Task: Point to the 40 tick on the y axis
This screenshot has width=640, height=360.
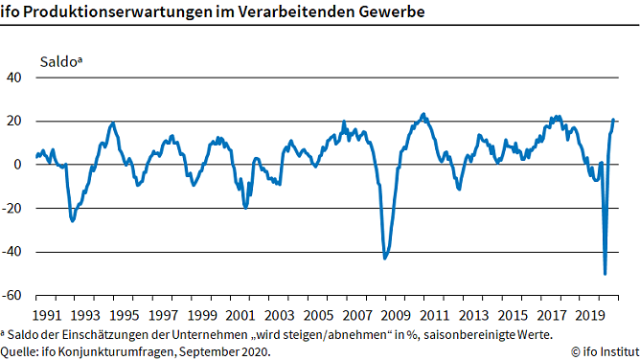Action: (x=15, y=78)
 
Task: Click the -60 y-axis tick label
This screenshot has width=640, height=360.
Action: (x=13, y=296)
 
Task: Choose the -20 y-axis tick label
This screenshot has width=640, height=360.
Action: (x=13, y=209)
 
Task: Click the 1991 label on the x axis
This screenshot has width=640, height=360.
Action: (x=45, y=315)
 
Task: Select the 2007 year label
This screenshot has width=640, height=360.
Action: (x=358, y=315)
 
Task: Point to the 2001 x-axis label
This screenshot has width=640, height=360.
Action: (x=240, y=315)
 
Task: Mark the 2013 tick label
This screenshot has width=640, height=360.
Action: (x=476, y=315)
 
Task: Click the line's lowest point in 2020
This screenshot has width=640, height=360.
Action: (x=605, y=274)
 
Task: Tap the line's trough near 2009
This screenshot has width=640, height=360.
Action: (x=385, y=258)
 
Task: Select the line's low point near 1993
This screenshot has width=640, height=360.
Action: (x=73, y=221)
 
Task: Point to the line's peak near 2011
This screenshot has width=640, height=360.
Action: (x=424, y=114)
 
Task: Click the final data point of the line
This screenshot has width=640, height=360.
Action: (x=614, y=120)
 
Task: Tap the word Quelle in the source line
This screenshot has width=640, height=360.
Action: (x=21, y=351)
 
